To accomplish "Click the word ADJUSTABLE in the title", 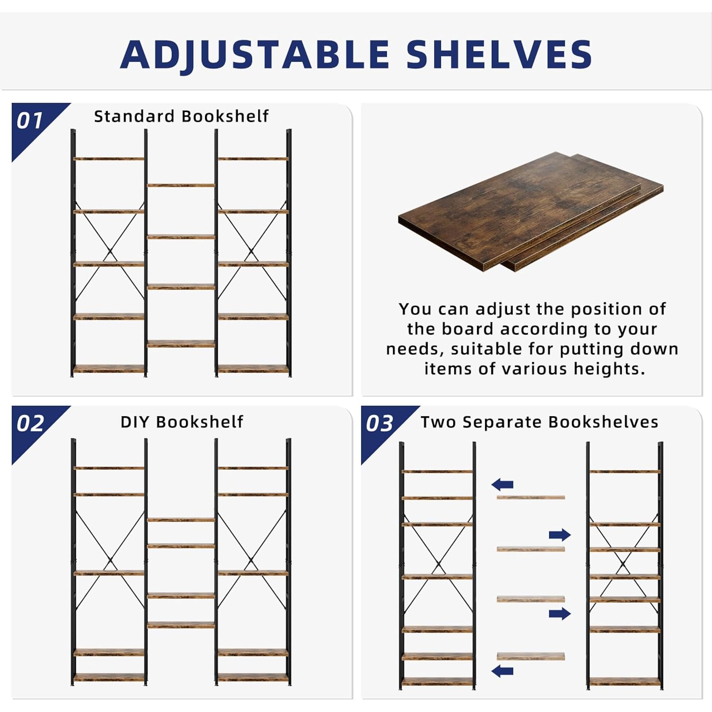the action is [x=255, y=55].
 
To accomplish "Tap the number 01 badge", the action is [x=29, y=121].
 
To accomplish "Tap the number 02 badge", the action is [x=30, y=423].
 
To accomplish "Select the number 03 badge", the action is [x=379, y=423].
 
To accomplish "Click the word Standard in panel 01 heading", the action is [x=134, y=116].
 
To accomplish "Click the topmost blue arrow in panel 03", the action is [x=502, y=485].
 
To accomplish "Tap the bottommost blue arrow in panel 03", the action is [x=502, y=671].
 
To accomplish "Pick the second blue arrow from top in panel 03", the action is [x=560, y=535].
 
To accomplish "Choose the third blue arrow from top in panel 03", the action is [x=560, y=613].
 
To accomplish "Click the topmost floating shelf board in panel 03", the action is [x=531, y=497].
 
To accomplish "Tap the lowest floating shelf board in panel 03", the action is [x=531, y=656].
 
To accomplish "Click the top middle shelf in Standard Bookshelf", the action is [x=181, y=185].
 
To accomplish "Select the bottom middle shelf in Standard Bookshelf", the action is [x=181, y=344].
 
